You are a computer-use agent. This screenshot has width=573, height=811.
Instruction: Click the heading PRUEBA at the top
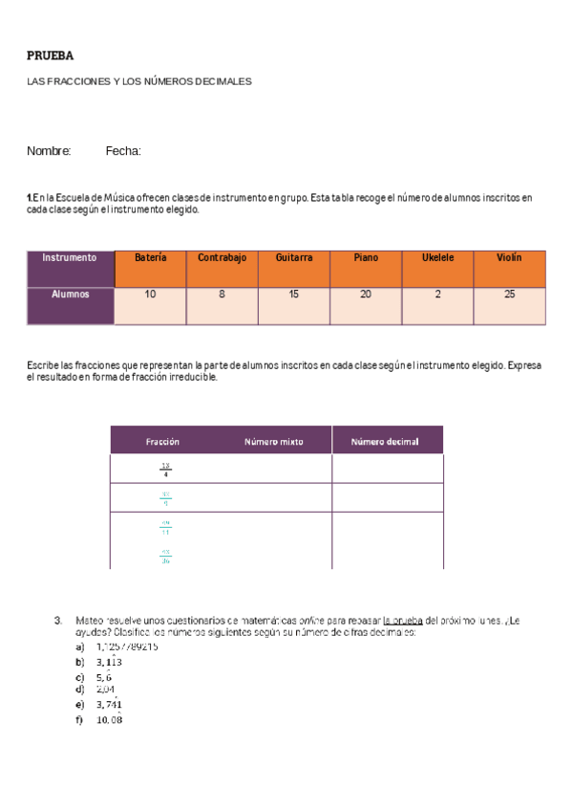coord(51,55)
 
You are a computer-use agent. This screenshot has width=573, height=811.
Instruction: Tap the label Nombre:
coord(49,151)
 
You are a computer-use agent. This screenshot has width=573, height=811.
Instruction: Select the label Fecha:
coord(123,151)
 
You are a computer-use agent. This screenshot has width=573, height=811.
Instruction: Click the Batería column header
coord(150,258)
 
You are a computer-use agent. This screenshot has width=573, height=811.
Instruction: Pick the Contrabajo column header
coord(222,258)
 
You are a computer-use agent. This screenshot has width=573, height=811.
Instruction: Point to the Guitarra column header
coord(294,258)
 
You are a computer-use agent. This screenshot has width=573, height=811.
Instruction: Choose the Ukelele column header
coord(437,258)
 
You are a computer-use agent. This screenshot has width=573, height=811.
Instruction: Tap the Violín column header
coord(509,258)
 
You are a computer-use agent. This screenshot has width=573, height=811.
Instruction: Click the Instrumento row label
coord(70,258)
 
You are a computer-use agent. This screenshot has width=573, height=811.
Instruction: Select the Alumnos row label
coord(70,295)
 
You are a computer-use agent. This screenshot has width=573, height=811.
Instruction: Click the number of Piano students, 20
coord(366,295)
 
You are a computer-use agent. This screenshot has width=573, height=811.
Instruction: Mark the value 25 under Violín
coord(509,295)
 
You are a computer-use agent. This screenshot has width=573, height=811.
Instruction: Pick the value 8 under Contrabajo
coord(222,295)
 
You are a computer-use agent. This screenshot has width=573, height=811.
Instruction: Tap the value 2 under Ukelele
coord(437,295)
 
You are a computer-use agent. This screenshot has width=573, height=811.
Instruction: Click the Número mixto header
coord(273,442)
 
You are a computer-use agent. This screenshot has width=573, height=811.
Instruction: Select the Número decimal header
coord(384,442)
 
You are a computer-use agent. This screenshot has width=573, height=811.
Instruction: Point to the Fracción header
coord(162,442)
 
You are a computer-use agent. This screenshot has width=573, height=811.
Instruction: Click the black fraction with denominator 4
coord(165,470)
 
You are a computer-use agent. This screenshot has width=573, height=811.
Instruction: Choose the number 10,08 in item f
coord(109,720)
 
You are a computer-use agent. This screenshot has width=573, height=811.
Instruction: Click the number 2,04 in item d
coord(105,689)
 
